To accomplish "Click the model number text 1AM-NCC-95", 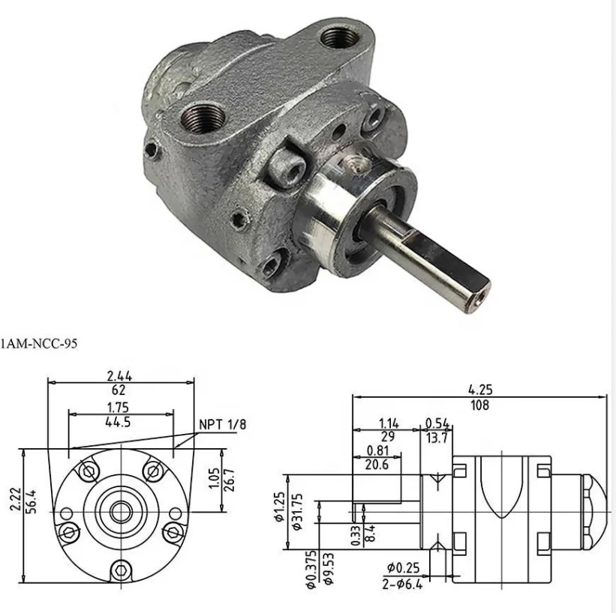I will pyautogui.click(x=38, y=343).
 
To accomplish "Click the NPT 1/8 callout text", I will pyautogui.click(x=222, y=425).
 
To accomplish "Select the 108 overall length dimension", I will pyautogui.click(x=479, y=406).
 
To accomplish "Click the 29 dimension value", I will pyautogui.click(x=388, y=437).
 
